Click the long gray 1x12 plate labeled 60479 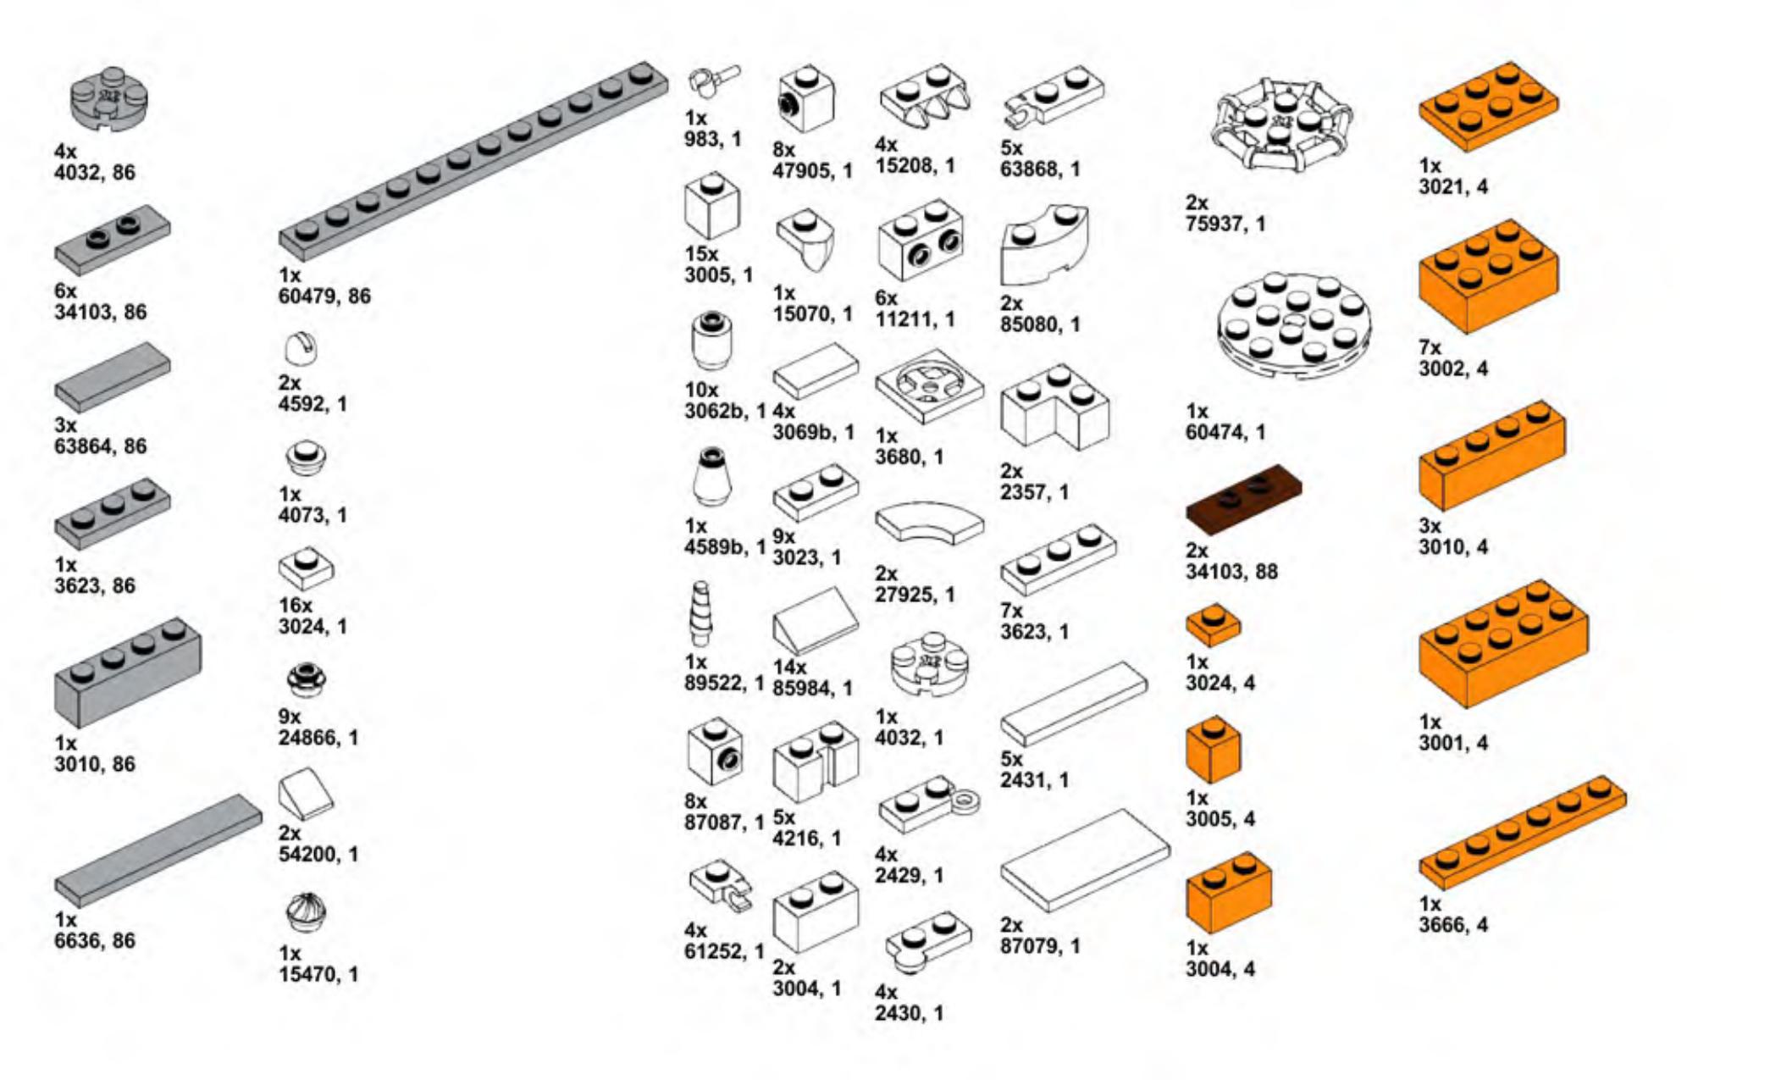click(x=473, y=161)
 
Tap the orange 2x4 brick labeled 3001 click(x=1503, y=644)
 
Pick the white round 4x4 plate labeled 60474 click(x=1294, y=324)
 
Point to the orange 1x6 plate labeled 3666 click(x=1522, y=833)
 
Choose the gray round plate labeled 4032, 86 click(x=108, y=98)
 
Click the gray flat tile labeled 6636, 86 click(x=158, y=850)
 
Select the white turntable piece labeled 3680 click(x=929, y=385)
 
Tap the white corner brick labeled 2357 click(x=1054, y=408)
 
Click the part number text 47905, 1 click(x=812, y=171)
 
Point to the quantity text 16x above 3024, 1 click(x=296, y=606)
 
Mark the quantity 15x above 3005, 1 click(x=701, y=254)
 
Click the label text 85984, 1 click(x=812, y=688)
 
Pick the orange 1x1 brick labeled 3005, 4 click(x=1213, y=750)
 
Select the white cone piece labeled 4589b click(x=711, y=479)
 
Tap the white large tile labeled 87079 click(x=1085, y=861)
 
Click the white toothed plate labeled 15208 click(x=924, y=96)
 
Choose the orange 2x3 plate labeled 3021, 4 click(x=1488, y=106)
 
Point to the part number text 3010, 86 click(x=95, y=764)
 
